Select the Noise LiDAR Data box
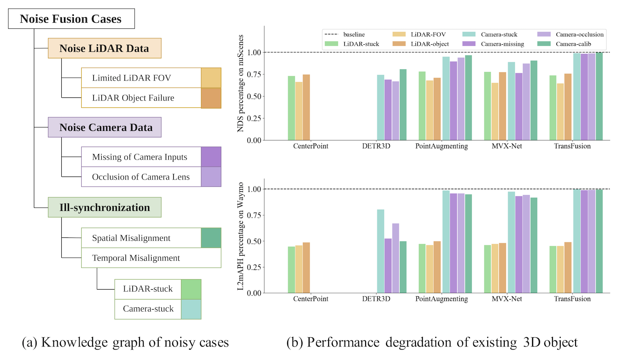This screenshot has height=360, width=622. (x=104, y=48)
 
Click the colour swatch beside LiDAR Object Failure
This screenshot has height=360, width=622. (x=211, y=98)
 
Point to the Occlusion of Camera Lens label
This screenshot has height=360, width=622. (x=141, y=177)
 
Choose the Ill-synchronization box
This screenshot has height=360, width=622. (x=104, y=207)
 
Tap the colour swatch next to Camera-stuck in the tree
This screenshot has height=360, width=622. (x=191, y=309)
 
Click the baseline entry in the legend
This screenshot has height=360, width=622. (x=343, y=34)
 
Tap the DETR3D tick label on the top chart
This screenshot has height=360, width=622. (x=376, y=146)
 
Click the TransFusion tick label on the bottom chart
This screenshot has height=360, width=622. (x=572, y=299)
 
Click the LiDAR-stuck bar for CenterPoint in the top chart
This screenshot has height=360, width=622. (x=291, y=108)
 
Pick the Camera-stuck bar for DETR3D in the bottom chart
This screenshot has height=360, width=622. (x=380, y=251)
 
